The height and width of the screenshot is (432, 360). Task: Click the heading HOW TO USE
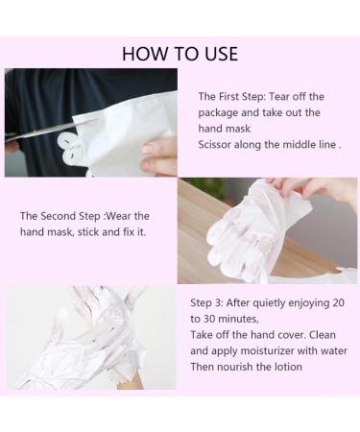point(180,54)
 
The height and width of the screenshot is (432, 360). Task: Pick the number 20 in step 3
point(338,302)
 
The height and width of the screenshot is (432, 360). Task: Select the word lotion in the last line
point(288,367)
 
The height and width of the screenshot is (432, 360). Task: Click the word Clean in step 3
point(323,335)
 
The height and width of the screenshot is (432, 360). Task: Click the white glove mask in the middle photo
point(256,230)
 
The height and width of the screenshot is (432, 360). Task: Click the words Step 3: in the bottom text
point(206,302)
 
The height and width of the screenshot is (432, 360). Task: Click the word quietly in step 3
point(270,303)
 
